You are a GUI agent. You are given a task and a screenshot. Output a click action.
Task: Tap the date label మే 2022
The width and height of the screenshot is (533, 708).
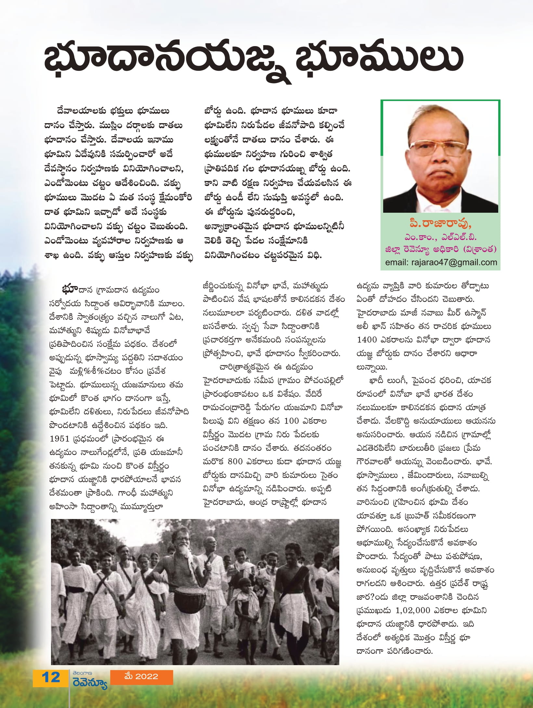click(141, 676)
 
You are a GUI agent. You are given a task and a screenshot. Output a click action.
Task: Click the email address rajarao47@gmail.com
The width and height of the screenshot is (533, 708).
click(441, 262)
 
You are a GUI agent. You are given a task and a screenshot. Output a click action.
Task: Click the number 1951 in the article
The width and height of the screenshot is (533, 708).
click(59, 439)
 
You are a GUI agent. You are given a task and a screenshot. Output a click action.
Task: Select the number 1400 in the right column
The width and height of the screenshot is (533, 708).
click(367, 340)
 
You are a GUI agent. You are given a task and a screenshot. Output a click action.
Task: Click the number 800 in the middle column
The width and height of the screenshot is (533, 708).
click(235, 461)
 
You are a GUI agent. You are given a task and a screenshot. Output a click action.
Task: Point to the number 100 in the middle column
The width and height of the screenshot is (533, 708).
click(291, 421)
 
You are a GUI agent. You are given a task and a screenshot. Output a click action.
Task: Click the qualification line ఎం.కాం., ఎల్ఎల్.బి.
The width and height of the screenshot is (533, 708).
click(440, 237)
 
